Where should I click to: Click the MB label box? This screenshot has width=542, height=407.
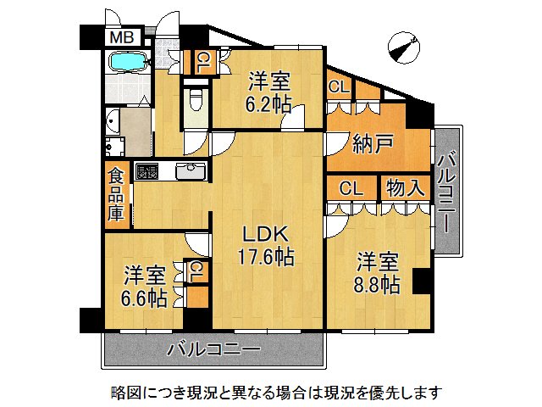[x=119, y=37]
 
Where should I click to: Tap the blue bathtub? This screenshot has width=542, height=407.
[x=129, y=63]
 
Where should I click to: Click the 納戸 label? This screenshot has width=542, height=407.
[x=373, y=144]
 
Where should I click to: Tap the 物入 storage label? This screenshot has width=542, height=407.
[x=406, y=187]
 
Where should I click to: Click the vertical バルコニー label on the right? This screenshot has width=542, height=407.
[x=448, y=189]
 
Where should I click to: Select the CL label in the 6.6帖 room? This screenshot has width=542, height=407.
[x=196, y=271]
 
